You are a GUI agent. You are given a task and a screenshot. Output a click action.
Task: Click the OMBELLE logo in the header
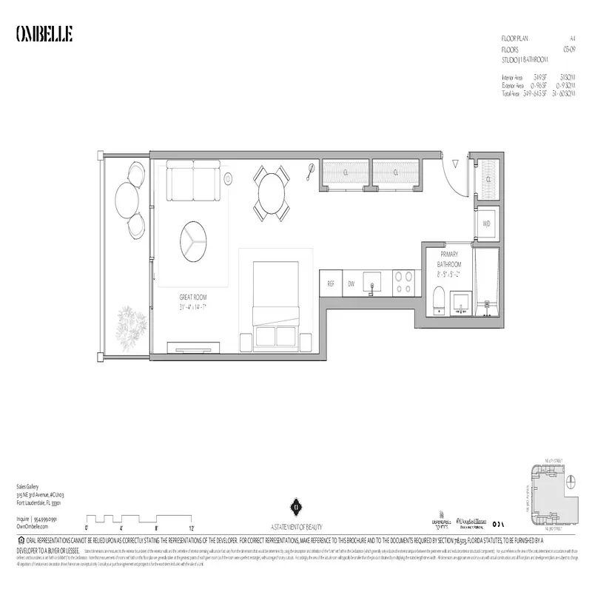pos(44,35)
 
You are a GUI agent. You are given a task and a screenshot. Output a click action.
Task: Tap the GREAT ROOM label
pos(192,297)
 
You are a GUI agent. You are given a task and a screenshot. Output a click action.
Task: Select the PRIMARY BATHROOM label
pos(448,259)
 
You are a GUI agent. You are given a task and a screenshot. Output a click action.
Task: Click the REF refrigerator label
pos(331,283)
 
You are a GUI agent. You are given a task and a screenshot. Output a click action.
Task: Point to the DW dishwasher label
pos(351,283)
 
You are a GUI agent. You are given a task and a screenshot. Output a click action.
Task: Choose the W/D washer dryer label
pos(487,223)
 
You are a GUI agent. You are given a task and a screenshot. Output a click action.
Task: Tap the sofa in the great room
pos(192,182)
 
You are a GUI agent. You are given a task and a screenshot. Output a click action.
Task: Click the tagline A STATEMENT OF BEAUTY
pos(295,525)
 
